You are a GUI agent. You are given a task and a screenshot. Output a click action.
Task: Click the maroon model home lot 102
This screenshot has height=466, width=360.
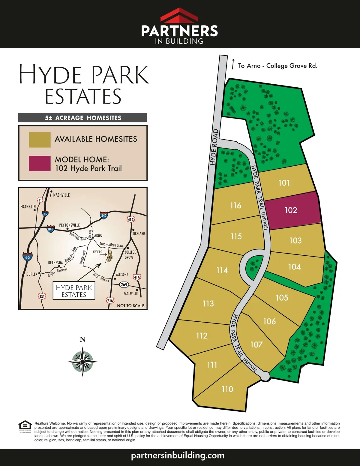291,210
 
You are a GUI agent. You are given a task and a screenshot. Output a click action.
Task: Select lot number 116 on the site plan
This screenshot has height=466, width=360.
236,206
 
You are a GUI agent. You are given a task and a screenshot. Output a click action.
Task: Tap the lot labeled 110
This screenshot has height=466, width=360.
227,389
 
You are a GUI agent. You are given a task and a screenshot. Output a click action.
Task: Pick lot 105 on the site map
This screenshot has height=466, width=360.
282,298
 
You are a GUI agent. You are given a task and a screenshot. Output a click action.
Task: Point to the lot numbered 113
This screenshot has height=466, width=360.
208,304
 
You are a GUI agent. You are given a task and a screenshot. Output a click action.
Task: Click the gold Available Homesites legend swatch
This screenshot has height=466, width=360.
40,140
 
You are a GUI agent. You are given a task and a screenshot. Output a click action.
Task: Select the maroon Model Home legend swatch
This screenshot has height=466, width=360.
40,164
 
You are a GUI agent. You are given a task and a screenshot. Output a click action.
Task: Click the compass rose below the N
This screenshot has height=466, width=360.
82,362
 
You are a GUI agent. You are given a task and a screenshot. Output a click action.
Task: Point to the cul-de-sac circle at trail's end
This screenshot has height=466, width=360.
265,376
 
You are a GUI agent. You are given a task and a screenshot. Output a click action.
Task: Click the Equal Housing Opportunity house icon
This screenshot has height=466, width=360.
25,425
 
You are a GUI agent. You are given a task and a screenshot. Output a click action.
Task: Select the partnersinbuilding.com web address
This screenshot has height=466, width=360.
178,455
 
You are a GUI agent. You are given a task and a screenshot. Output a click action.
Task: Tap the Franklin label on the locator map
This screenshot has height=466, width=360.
28,207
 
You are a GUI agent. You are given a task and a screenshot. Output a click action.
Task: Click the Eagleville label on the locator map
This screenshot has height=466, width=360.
130,293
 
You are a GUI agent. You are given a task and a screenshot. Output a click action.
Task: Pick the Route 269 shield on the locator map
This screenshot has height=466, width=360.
124,284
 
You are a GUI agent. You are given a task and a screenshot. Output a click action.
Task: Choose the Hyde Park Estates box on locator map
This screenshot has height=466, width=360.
74,291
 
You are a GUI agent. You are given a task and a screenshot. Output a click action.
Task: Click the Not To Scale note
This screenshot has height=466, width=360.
130,306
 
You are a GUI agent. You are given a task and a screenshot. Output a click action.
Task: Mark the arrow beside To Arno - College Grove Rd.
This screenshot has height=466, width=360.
233,64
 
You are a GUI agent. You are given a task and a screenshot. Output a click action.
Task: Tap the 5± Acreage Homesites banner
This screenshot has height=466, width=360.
83,118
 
